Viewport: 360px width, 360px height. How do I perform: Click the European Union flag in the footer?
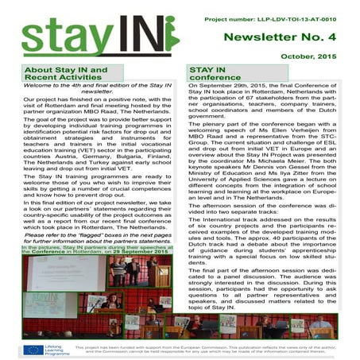coord(34,349)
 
